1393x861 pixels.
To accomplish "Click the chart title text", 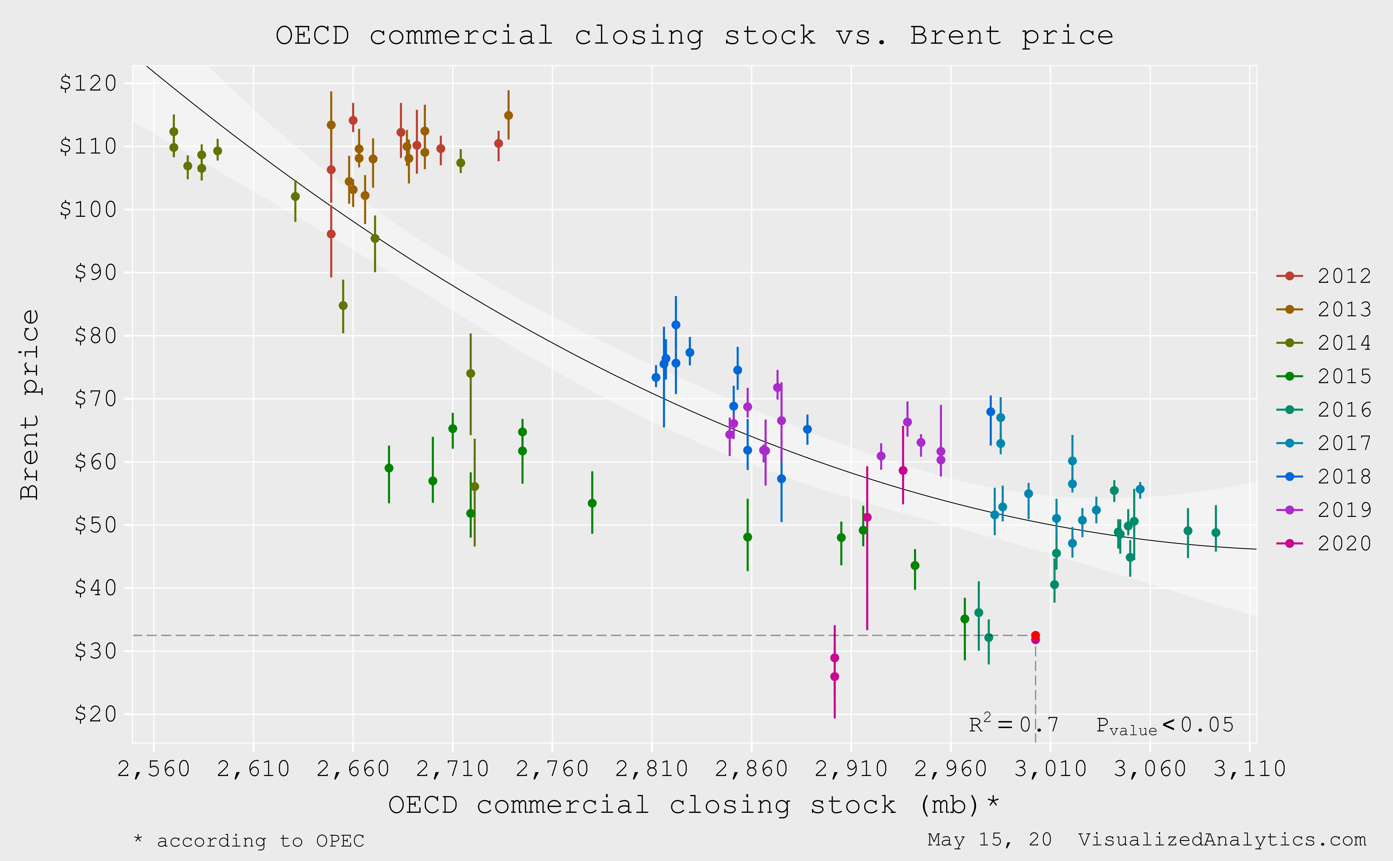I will tap(695, 36).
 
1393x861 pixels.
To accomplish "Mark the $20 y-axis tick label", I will tap(96, 714).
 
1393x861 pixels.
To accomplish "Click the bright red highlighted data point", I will tap(1035, 636).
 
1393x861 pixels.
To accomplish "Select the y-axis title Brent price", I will tap(30, 404).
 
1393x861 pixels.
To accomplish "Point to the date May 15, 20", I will tap(989, 840).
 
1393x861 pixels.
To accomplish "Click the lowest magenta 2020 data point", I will tap(835, 677).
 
